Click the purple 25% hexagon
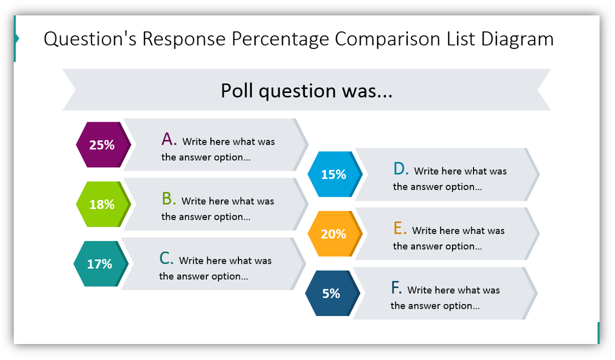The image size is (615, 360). (x=102, y=145)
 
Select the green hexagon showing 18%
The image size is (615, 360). (x=102, y=204)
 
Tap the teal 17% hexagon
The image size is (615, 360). (x=100, y=264)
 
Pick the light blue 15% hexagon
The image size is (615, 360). (x=334, y=174)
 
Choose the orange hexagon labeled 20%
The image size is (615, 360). (x=334, y=234)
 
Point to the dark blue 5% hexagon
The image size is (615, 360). (x=331, y=293)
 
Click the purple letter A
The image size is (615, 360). (x=168, y=139)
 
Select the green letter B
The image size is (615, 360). (x=168, y=199)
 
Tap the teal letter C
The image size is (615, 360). (x=166, y=258)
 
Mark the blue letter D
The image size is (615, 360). (x=400, y=169)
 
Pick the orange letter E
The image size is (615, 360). (x=400, y=228)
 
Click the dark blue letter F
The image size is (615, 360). (x=396, y=288)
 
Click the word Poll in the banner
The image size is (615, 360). (x=237, y=90)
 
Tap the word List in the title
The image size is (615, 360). (x=459, y=39)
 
